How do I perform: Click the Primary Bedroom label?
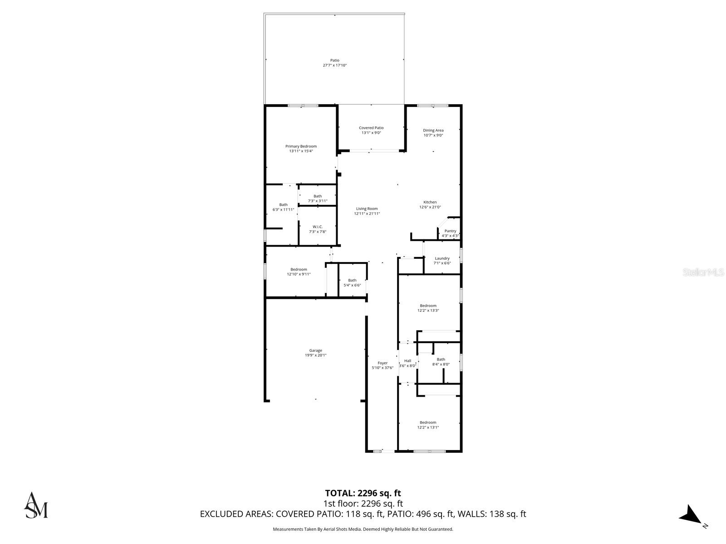coord(301,149)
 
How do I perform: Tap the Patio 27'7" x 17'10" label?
coord(334,63)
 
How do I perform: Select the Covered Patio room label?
coord(371,131)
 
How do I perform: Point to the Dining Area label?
coord(433,133)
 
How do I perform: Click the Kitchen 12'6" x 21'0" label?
coord(430,204)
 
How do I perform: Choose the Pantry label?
coord(450,233)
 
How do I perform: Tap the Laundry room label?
coord(442,261)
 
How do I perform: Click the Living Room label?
coord(367,211)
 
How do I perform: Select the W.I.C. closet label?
coord(317,229)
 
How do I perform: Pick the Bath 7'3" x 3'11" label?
coord(317,199)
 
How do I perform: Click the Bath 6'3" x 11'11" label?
coord(283,207)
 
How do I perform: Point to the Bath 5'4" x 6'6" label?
coord(352,282)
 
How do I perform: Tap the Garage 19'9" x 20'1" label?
coord(315,353)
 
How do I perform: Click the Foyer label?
coord(383,365)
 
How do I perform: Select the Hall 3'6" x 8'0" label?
coord(407,363)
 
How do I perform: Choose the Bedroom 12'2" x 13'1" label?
coord(428,425)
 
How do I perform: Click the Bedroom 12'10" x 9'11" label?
coord(299,272)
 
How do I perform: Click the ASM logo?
coord(36,505)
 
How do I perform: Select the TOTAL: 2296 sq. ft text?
coord(363,493)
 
